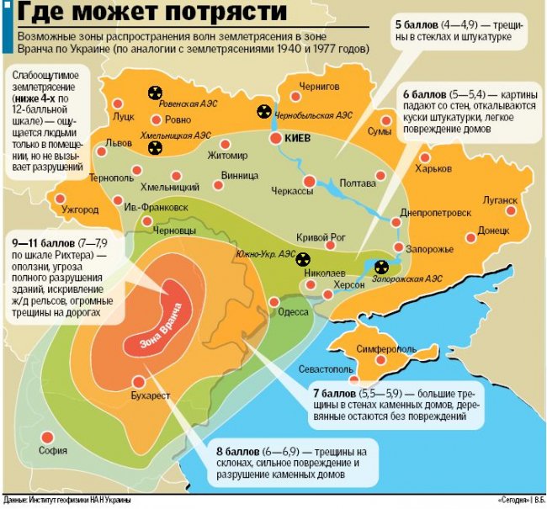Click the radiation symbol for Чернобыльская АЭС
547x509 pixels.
[x=263, y=111]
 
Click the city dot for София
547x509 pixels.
[x=47, y=436]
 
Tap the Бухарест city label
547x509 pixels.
[x=151, y=394]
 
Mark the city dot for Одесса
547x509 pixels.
[x=273, y=301]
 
